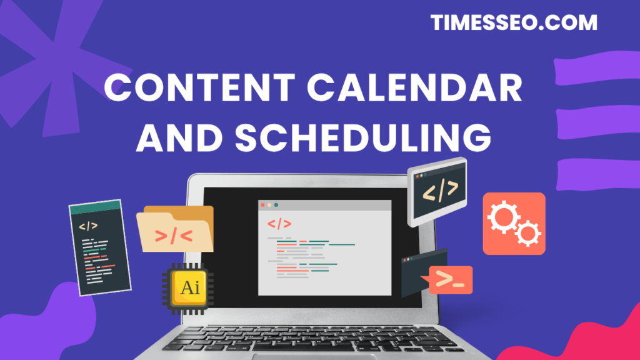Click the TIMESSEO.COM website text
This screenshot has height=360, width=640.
click(514, 22)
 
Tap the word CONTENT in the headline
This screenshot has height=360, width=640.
click(200, 87)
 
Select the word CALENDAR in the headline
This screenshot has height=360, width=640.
click(415, 87)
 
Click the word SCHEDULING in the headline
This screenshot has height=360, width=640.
click(363, 137)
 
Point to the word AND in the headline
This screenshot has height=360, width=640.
click(179, 137)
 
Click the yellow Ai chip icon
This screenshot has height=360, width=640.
click(188, 289)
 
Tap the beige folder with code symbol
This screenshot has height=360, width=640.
click(175, 229)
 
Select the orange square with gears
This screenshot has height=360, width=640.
click(514, 224)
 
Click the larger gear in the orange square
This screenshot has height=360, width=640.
click(504, 217)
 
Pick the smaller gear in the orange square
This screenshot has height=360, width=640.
click(527, 234)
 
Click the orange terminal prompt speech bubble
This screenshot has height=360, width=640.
click(448, 280)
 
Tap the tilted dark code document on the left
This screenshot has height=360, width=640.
click(100, 247)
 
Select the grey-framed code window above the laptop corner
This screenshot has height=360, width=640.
click(437, 191)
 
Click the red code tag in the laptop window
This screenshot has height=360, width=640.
click(279, 224)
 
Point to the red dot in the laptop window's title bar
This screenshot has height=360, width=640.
click(263, 205)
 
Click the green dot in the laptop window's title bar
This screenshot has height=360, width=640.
click(276, 205)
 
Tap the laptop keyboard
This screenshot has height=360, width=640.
click(314, 339)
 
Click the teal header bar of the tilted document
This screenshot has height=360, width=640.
click(96, 207)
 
